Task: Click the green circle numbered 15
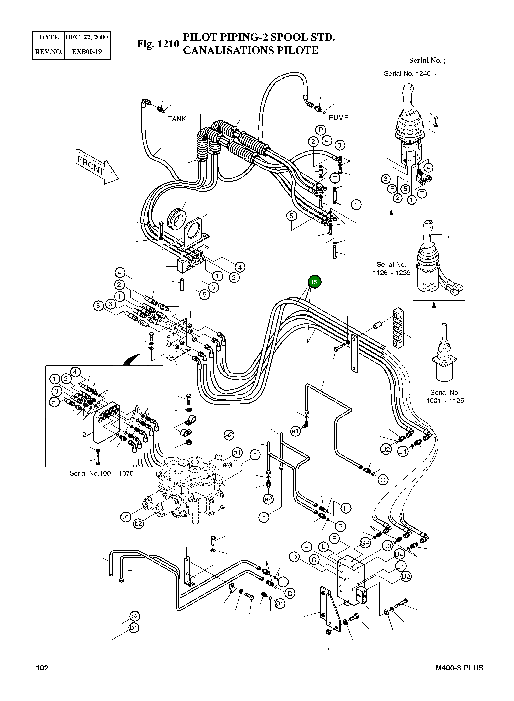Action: (314, 282)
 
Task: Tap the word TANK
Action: (177, 119)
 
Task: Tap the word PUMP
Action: (338, 118)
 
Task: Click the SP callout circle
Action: (365, 543)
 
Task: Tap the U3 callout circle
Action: (387, 546)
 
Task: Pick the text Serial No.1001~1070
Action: (101, 474)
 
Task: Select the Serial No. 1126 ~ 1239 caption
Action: (391, 269)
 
